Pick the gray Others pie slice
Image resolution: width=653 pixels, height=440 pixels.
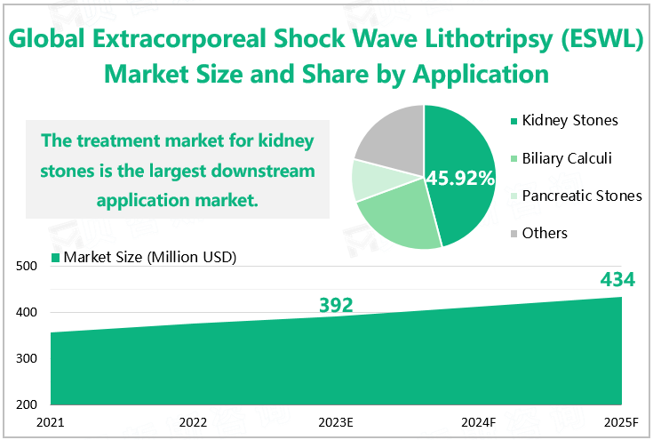tap(391, 137)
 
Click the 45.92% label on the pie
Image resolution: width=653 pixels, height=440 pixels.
tap(460, 178)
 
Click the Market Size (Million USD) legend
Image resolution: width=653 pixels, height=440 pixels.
tap(147, 258)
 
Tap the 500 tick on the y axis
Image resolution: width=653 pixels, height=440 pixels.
tap(25, 266)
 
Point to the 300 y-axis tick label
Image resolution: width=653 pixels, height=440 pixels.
tap(25, 359)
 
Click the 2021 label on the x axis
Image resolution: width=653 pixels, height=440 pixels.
tap(51, 421)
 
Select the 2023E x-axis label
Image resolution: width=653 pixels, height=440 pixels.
tap(336, 421)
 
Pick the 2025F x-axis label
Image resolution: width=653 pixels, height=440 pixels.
tap(620, 421)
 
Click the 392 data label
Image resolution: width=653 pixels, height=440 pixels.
tap(336, 306)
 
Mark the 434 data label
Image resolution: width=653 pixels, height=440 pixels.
tap(617, 280)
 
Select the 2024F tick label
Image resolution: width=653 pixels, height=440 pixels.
tap(478, 421)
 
